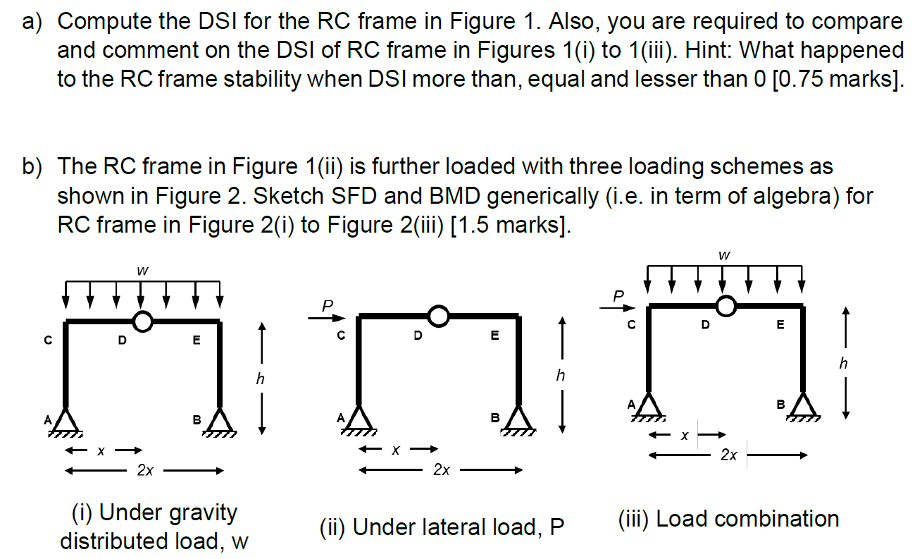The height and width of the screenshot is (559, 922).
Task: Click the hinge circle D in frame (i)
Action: coord(143,321)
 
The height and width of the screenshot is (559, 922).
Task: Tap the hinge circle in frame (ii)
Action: coord(438,317)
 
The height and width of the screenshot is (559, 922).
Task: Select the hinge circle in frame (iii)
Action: coord(725,305)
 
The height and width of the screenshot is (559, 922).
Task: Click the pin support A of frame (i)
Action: coord(66,422)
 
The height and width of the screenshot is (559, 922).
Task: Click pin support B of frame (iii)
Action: coord(803,406)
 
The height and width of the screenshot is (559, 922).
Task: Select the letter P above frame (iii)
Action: coord(618,294)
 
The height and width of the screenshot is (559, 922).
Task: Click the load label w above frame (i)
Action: coord(143,269)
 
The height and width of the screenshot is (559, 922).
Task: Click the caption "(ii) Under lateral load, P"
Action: coord(442,527)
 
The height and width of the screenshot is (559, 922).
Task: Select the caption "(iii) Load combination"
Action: coord(728,520)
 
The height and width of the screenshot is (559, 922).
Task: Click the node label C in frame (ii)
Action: coord(341,336)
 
